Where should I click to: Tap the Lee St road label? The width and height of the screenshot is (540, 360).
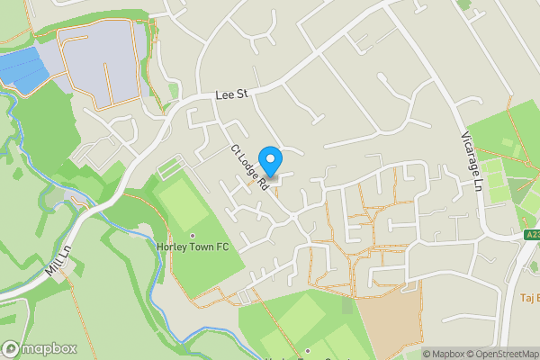[229, 94]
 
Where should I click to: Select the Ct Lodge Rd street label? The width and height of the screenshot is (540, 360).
[250, 168]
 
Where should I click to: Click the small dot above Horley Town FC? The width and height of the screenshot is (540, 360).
[192, 235]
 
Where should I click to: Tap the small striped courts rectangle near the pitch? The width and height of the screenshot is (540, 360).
[172, 168]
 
